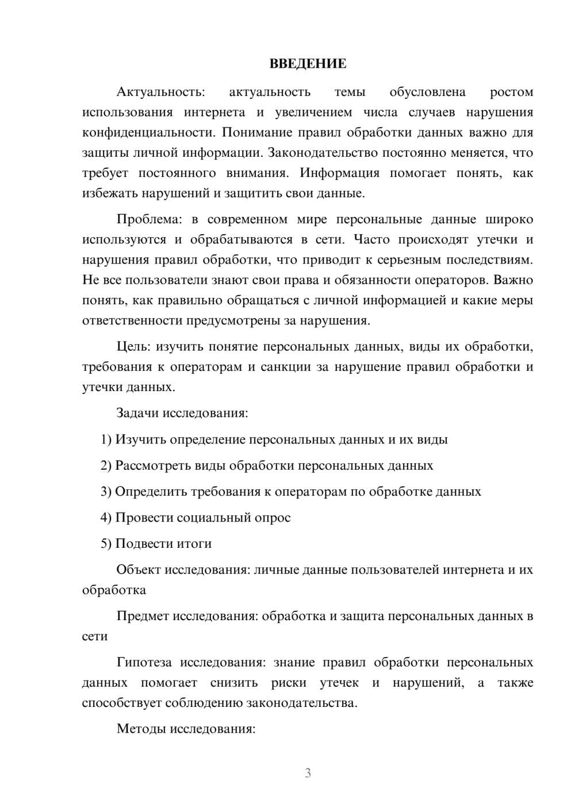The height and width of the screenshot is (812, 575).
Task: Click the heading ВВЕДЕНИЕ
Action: (x=308, y=64)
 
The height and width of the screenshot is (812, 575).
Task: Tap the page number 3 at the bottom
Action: (x=308, y=773)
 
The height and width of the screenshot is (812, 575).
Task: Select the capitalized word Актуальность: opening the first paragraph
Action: (x=160, y=92)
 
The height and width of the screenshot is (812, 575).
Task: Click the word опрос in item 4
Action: (x=273, y=517)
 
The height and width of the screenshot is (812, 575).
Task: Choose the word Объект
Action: (x=139, y=570)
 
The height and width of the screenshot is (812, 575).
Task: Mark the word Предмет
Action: (x=143, y=616)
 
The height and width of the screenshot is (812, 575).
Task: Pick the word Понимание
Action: (x=254, y=133)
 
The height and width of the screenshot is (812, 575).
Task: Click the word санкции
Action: (x=286, y=367)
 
